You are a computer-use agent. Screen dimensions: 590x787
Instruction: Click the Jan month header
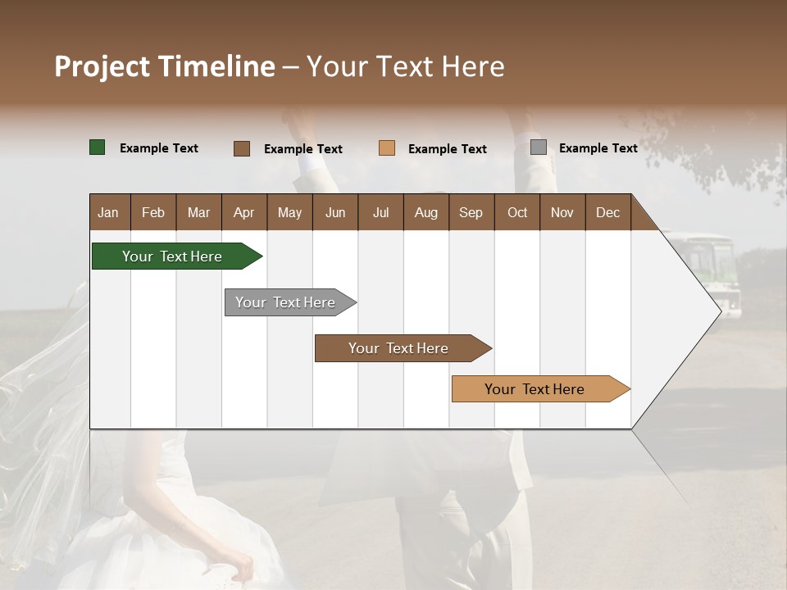click(x=108, y=213)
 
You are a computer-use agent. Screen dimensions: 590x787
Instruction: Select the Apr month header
click(x=243, y=213)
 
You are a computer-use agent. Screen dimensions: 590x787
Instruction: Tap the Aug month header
click(x=425, y=213)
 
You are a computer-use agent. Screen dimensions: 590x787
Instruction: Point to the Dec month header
click(x=607, y=213)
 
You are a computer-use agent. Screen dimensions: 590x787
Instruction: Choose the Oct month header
click(x=517, y=213)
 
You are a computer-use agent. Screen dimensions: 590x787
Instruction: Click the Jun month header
click(x=334, y=213)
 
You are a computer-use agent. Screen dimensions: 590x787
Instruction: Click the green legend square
click(x=97, y=147)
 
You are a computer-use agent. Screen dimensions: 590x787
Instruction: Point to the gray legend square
click(x=539, y=147)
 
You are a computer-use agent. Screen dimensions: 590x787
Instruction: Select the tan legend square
click(x=387, y=148)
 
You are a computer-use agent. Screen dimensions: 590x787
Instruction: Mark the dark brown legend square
click(x=241, y=148)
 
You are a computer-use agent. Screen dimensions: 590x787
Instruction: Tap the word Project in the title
click(x=102, y=66)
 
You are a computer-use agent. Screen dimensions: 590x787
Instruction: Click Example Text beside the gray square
click(x=598, y=148)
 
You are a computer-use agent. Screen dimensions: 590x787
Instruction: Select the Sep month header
click(x=471, y=213)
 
